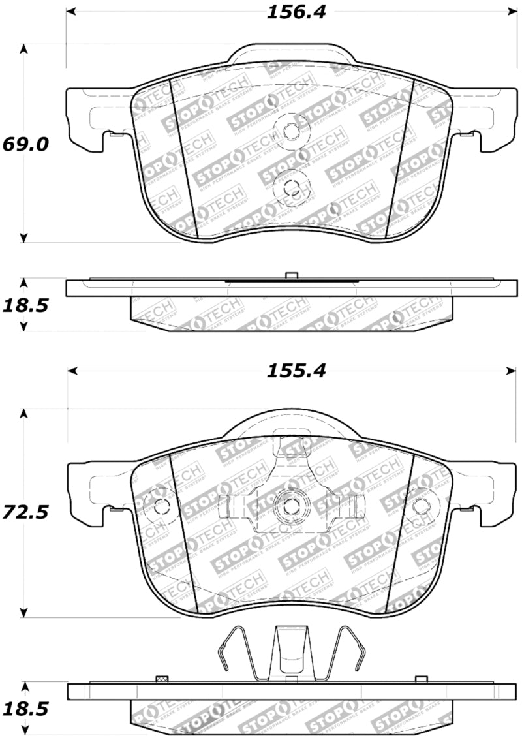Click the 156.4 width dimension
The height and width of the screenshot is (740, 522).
pyautogui.click(x=296, y=12)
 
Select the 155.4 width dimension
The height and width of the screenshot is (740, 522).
pyautogui.click(x=295, y=371)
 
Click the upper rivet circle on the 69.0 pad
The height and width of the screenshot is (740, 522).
pyautogui.click(x=290, y=131)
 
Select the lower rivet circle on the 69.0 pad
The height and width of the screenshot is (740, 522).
pyautogui.click(x=290, y=187)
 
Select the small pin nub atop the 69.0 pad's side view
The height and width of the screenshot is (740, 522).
pyautogui.click(x=292, y=275)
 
